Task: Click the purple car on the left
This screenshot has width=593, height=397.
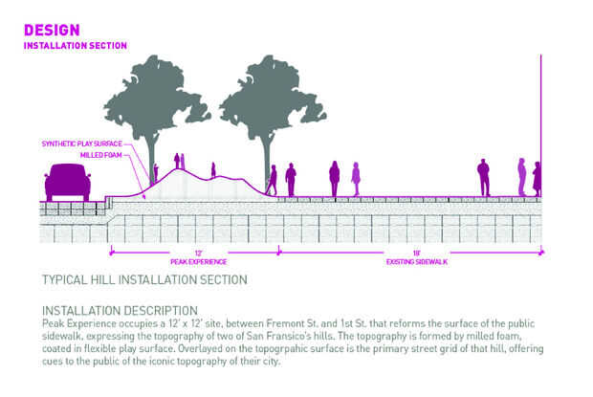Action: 68,181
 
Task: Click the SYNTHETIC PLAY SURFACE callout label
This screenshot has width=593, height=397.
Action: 83,143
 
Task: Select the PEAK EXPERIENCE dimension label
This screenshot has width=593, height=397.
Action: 199,261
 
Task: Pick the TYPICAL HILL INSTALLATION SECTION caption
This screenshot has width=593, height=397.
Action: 144,280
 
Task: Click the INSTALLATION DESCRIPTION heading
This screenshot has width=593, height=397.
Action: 120,311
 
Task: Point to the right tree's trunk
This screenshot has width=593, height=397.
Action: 262,167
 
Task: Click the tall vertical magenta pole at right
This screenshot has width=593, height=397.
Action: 542,124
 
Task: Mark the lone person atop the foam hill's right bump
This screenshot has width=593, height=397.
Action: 213,169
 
